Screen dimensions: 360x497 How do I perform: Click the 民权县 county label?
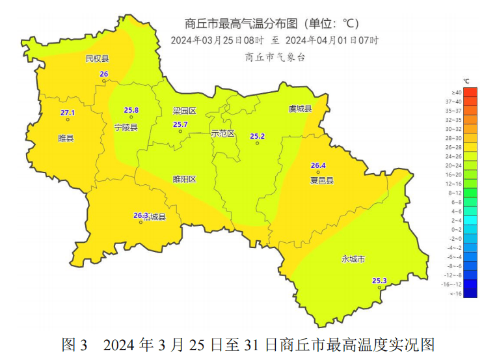tap(98, 59)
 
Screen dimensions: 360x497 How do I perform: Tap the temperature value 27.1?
tap(68, 113)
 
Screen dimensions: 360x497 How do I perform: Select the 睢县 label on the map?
tap(66, 138)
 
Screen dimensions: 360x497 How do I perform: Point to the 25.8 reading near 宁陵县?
tap(131, 110)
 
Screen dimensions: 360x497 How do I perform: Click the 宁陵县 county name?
tap(126, 128)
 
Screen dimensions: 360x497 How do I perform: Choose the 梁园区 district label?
tap(184, 111)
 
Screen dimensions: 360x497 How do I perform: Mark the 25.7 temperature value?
tap(180, 124)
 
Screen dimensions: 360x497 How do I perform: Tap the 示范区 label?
tap(222, 133)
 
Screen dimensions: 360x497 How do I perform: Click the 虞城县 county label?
tap(301, 109)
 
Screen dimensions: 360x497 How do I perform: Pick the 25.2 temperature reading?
tap(258, 136)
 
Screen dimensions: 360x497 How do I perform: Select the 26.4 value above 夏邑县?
tap(318, 165)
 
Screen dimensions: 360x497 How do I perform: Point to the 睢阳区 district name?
tap(184, 179)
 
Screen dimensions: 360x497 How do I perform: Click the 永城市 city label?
tap(353, 259)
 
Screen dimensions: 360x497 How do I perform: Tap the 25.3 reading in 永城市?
tap(379, 281)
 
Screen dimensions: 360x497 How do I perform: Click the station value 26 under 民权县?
tap(103, 74)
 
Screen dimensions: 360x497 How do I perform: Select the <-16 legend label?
tap(455, 294)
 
